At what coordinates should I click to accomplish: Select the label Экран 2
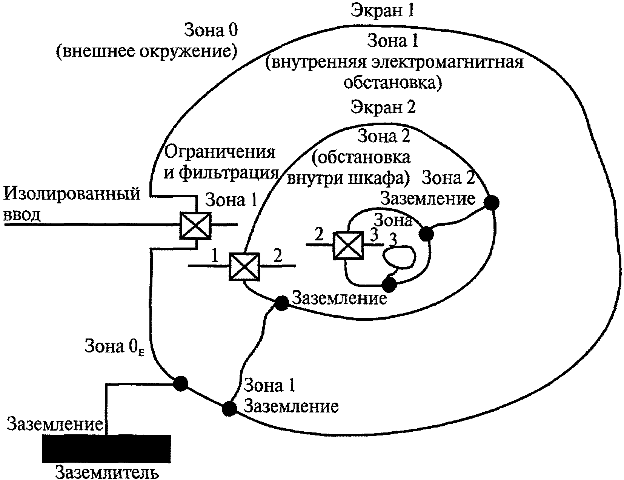click(383, 108)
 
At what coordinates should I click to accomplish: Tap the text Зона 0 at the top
click(211, 31)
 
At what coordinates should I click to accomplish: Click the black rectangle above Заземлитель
click(106, 448)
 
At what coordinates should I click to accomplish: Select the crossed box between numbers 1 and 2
click(244, 267)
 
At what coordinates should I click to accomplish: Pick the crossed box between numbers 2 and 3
click(348, 246)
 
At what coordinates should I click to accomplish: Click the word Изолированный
click(72, 194)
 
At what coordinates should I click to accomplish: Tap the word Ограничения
click(220, 153)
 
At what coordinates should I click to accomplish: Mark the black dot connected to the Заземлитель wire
click(180, 383)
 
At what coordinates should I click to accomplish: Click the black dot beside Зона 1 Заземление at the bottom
click(229, 408)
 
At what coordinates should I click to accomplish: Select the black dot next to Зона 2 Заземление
click(491, 203)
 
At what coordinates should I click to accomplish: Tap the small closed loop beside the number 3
click(399, 257)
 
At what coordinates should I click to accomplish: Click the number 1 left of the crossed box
click(215, 257)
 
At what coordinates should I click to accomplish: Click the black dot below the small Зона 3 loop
click(389, 285)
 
